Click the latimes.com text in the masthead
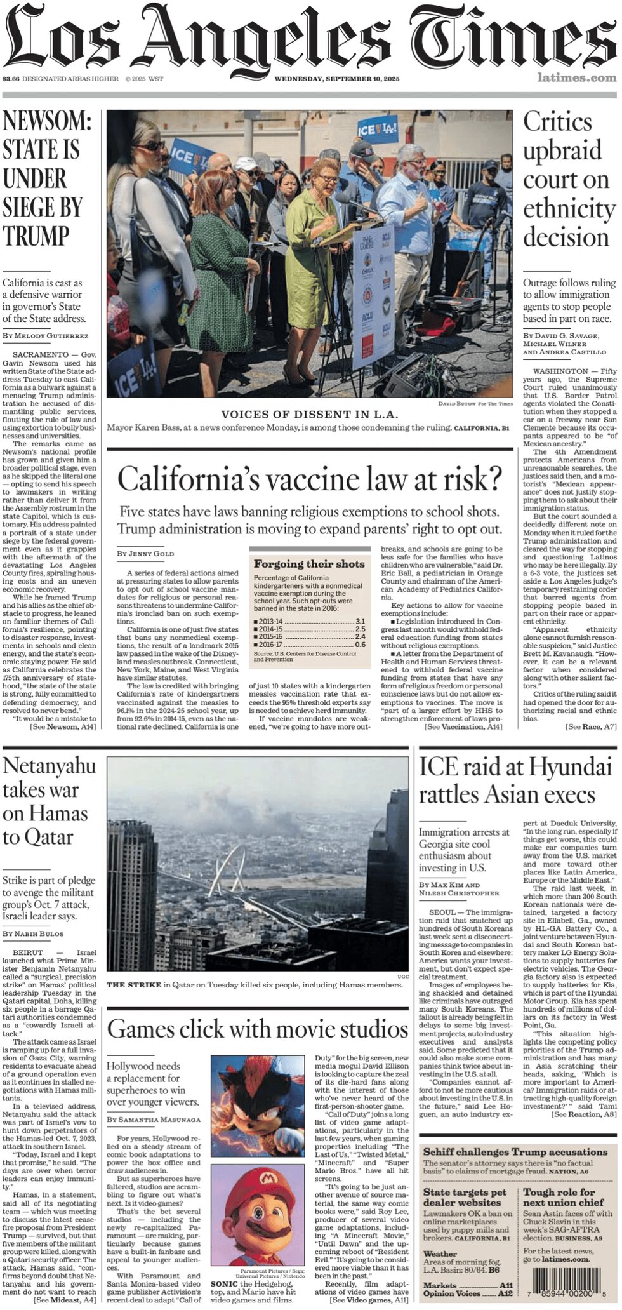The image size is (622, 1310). (x=576, y=78)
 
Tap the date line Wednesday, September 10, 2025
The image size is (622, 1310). (x=336, y=79)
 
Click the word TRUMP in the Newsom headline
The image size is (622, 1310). (x=36, y=236)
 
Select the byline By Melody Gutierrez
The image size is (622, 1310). (x=45, y=336)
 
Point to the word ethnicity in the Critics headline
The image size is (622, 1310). (x=569, y=208)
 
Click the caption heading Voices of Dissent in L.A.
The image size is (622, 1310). (x=310, y=415)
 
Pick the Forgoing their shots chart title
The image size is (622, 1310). (x=309, y=564)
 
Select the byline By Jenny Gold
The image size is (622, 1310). (x=145, y=554)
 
